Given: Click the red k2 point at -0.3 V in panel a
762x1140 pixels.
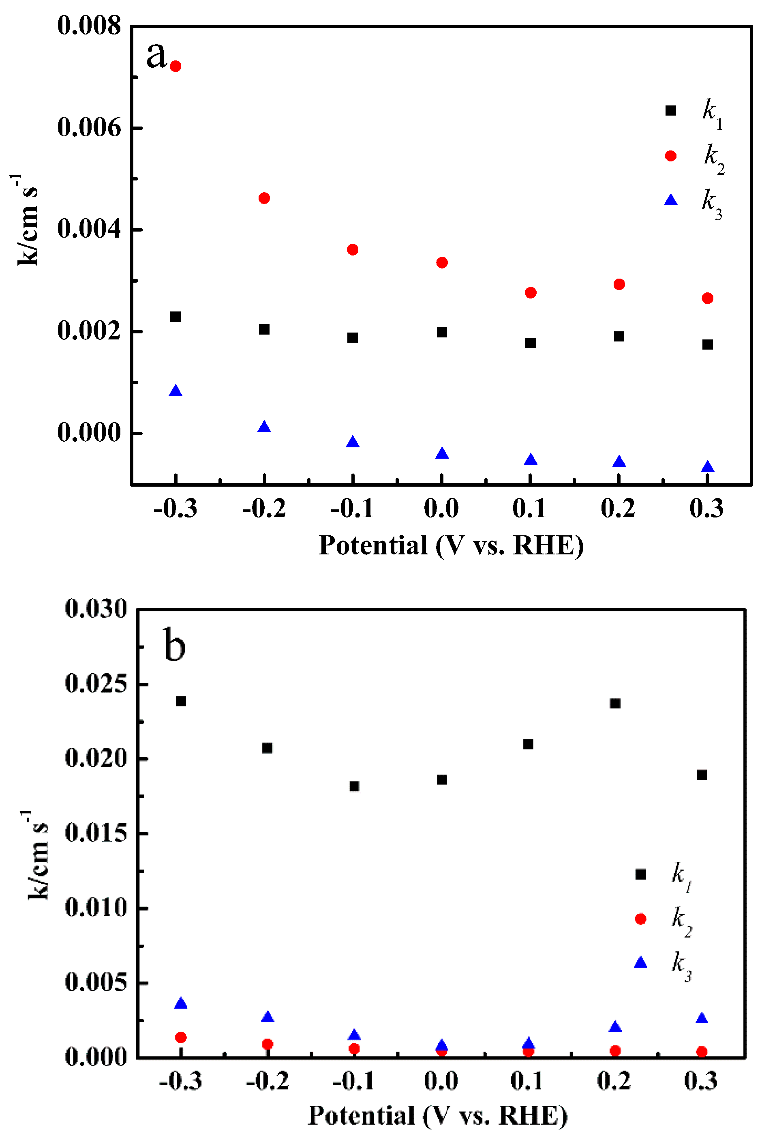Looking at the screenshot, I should pyautogui.click(x=176, y=66).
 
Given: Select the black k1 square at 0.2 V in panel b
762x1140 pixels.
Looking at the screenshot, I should pyautogui.click(x=615, y=704).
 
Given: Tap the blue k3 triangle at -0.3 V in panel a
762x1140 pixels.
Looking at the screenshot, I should pyautogui.click(x=176, y=391).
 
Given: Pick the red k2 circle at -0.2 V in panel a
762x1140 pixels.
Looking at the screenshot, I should pyautogui.click(x=264, y=198).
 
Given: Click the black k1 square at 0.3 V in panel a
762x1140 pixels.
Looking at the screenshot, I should pyautogui.click(x=707, y=345).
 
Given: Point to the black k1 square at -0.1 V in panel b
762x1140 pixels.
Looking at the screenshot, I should pyautogui.click(x=354, y=787).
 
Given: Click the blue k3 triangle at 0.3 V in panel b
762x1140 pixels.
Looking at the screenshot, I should pyautogui.click(x=701, y=1018).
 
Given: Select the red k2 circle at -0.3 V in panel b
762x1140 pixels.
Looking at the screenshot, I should pyautogui.click(x=181, y=1037).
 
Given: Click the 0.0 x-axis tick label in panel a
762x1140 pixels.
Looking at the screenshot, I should pyautogui.click(x=441, y=509).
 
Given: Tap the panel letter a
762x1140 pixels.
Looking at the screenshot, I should pyautogui.click(x=156, y=54).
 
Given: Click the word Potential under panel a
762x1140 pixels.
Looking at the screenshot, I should pyautogui.click(x=373, y=545).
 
